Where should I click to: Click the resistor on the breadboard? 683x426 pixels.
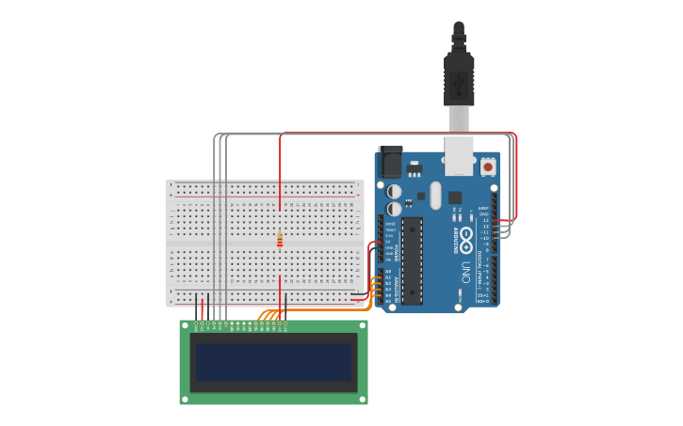(x=280, y=240)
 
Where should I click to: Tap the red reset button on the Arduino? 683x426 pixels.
(x=488, y=166)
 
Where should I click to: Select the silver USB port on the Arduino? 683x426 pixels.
(x=459, y=156)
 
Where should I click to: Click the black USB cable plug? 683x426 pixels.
(x=459, y=80)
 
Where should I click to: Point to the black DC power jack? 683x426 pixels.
(x=389, y=163)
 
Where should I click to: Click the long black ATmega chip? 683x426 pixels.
(x=413, y=260)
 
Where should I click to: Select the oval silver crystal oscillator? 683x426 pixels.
(x=434, y=195)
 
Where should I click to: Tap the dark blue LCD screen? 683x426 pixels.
(x=273, y=361)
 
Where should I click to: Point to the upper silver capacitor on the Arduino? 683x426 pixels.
(x=395, y=192)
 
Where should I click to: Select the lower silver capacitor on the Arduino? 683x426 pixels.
(x=395, y=209)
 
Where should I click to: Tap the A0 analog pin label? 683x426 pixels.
(x=388, y=272)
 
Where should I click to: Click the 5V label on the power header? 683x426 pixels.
(x=389, y=242)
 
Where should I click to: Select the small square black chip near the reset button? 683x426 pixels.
(x=455, y=197)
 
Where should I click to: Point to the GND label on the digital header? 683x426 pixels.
(x=484, y=214)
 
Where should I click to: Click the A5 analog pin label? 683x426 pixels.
(x=388, y=301)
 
